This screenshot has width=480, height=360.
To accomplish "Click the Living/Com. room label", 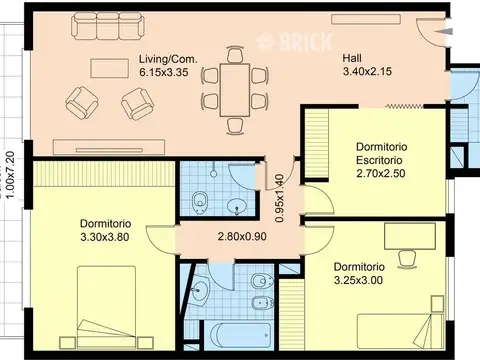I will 166,59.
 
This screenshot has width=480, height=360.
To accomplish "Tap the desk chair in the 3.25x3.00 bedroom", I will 408,258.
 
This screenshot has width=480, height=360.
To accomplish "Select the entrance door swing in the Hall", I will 433,35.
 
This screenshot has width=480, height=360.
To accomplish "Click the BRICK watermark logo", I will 283,42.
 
